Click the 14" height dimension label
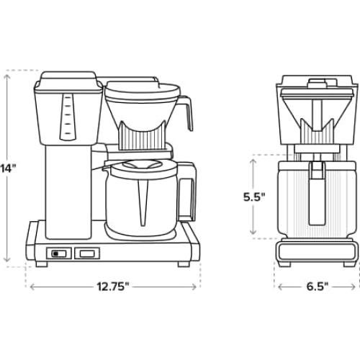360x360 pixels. pyautogui.click(x=7, y=168)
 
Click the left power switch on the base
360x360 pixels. pyautogui.click(x=57, y=253)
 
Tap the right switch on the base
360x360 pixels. pyautogui.click(x=86, y=253)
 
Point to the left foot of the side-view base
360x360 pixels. pyautogui.click(x=42, y=264)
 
